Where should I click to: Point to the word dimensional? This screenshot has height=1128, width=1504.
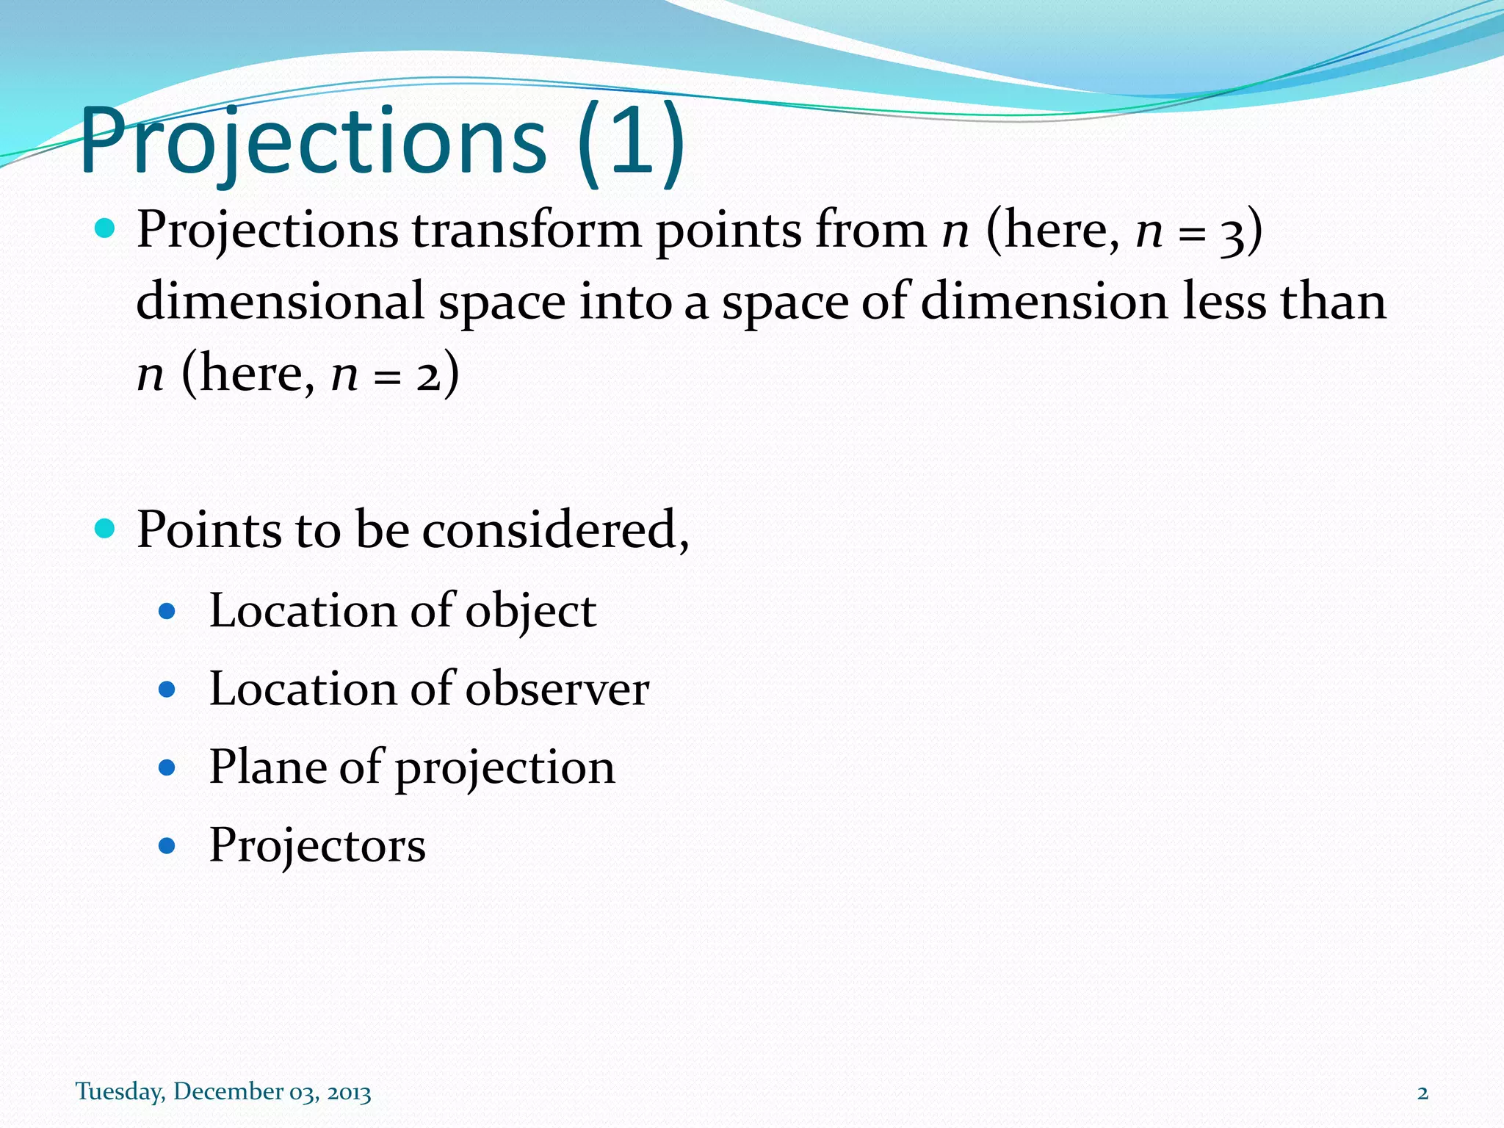tap(280, 302)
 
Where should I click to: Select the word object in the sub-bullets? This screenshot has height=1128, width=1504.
tap(530, 612)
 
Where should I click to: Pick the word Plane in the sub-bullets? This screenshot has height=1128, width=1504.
tap(267, 767)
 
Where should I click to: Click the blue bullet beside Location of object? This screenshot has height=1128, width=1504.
tap(167, 611)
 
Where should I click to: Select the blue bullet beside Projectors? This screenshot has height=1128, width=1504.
tap(167, 846)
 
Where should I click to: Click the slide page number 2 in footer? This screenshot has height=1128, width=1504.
tap(1422, 1093)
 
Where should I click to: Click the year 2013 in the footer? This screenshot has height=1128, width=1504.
tap(349, 1093)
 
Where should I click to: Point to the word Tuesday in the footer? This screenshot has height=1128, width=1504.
tap(120, 1092)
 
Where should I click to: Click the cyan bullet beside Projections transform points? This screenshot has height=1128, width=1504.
tap(106, 228)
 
